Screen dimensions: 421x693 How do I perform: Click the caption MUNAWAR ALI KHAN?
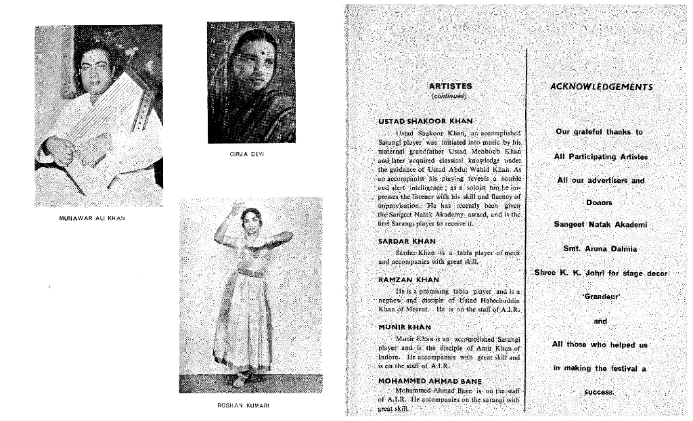(x=97, y=219)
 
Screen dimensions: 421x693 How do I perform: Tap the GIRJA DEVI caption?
(x=250, y=154)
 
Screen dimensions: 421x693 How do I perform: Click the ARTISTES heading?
(x=450, y=86)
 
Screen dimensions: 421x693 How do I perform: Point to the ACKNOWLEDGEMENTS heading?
(x=602, y=87)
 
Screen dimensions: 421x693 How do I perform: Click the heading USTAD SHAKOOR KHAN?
(x=425, y=120)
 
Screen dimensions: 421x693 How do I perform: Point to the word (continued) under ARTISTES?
(x=450, y=96)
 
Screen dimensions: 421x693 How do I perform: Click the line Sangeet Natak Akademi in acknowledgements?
(x=600, y=225)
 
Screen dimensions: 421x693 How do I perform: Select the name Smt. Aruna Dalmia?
(x=600, y=248)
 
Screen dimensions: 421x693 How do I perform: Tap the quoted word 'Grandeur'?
(x=601, y=296)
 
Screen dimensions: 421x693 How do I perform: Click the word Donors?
(x=599, y=202)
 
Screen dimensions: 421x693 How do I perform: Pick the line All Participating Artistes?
(x=600, y=156)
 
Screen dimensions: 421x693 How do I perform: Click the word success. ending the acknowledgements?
(x=599, y=391)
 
